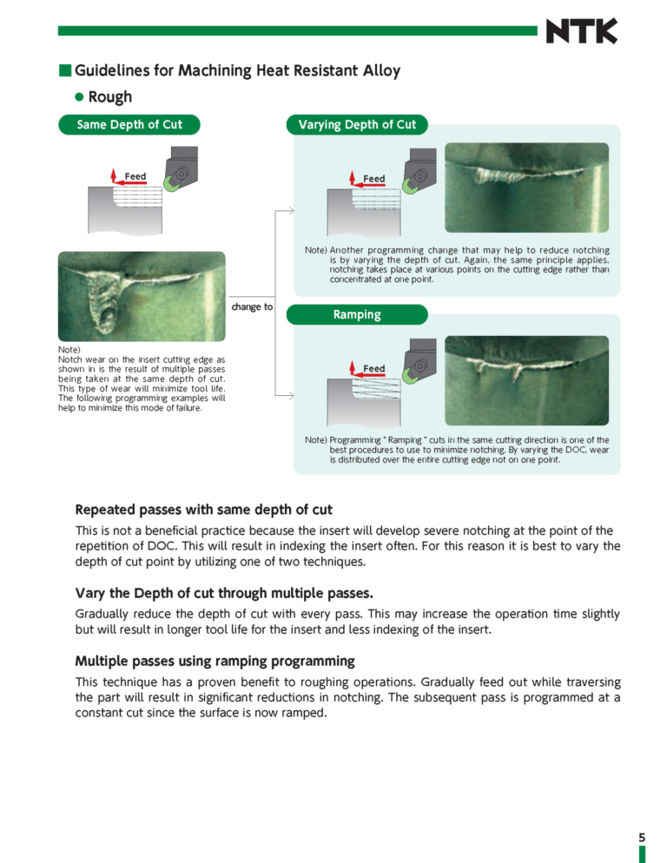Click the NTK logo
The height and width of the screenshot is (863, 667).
(581, 31)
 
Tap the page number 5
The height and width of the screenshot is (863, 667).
(642, 837)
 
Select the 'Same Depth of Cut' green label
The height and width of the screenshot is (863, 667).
(129, 125)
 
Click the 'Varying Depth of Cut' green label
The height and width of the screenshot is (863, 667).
(357, 125)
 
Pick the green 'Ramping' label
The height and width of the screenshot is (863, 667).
(357, 314)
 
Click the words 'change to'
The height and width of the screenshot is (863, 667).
(252, 306)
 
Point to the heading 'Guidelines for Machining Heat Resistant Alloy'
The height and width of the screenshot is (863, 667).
(237, 70)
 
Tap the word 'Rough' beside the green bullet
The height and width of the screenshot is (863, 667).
(110, 97)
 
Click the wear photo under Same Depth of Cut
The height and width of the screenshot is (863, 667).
(142, 293)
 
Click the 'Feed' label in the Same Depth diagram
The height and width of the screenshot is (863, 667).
(135, 177)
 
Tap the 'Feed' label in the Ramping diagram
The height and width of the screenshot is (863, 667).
(374, 369)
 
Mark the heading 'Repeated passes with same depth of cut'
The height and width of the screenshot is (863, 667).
(204, 510)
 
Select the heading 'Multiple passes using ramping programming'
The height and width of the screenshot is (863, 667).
(215, 661)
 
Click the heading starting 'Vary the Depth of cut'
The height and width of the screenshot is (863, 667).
(224, 594)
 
